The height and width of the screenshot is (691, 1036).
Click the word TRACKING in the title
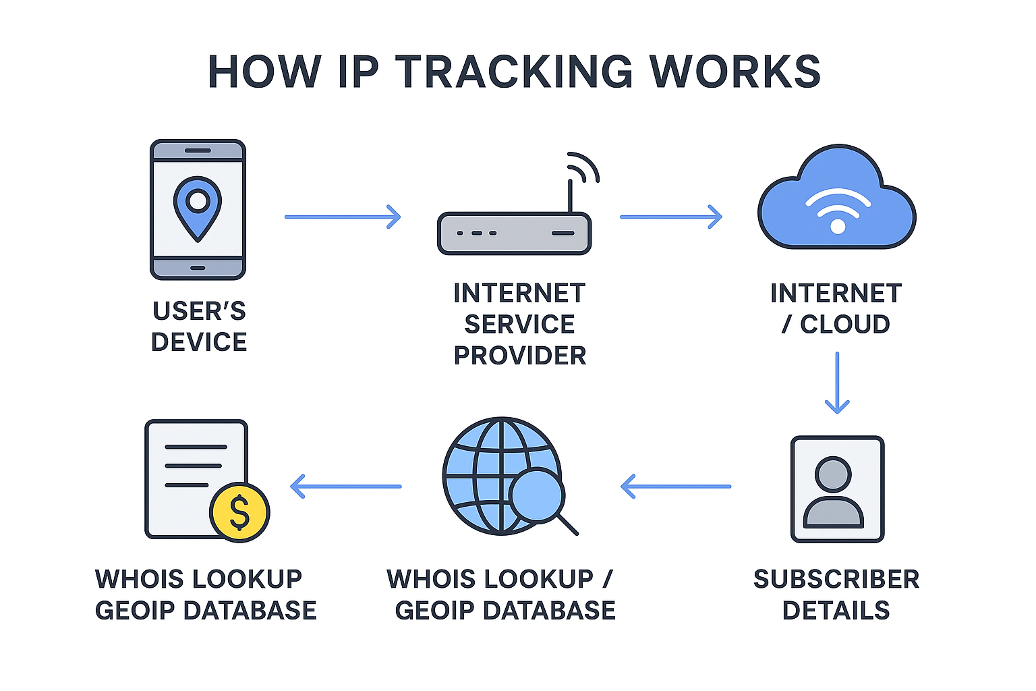click(x=514, y=72)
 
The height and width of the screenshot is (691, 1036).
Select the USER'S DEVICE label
click(x=199, y=327)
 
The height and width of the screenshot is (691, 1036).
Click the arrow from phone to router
click(x=343, y=217)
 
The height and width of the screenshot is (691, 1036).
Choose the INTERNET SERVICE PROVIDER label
click(x=519, y=324)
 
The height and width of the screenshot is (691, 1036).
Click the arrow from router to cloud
click(x=670, y=217)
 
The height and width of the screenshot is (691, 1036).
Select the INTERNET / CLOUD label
click(x=836, y=309)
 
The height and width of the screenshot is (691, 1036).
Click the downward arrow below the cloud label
click(x=837, y=382)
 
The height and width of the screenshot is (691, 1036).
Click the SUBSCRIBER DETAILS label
click(x=836, y=595)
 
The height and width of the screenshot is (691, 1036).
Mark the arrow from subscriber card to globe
click(x=675, y=486)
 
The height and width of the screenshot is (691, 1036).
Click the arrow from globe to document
click(x=345, y=486)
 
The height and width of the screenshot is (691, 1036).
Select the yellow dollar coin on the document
click(x=239, y=512)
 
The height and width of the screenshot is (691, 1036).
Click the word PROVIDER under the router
click(x=520, y=356)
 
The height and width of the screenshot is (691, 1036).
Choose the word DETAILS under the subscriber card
click(x=836, y=611)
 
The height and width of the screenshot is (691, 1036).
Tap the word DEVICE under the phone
click(x=199, y=342)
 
